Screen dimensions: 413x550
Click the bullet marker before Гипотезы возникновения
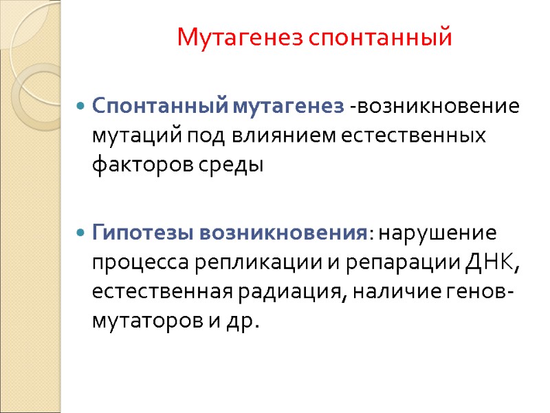point(80,232)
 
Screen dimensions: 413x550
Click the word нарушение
point(436,232)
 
